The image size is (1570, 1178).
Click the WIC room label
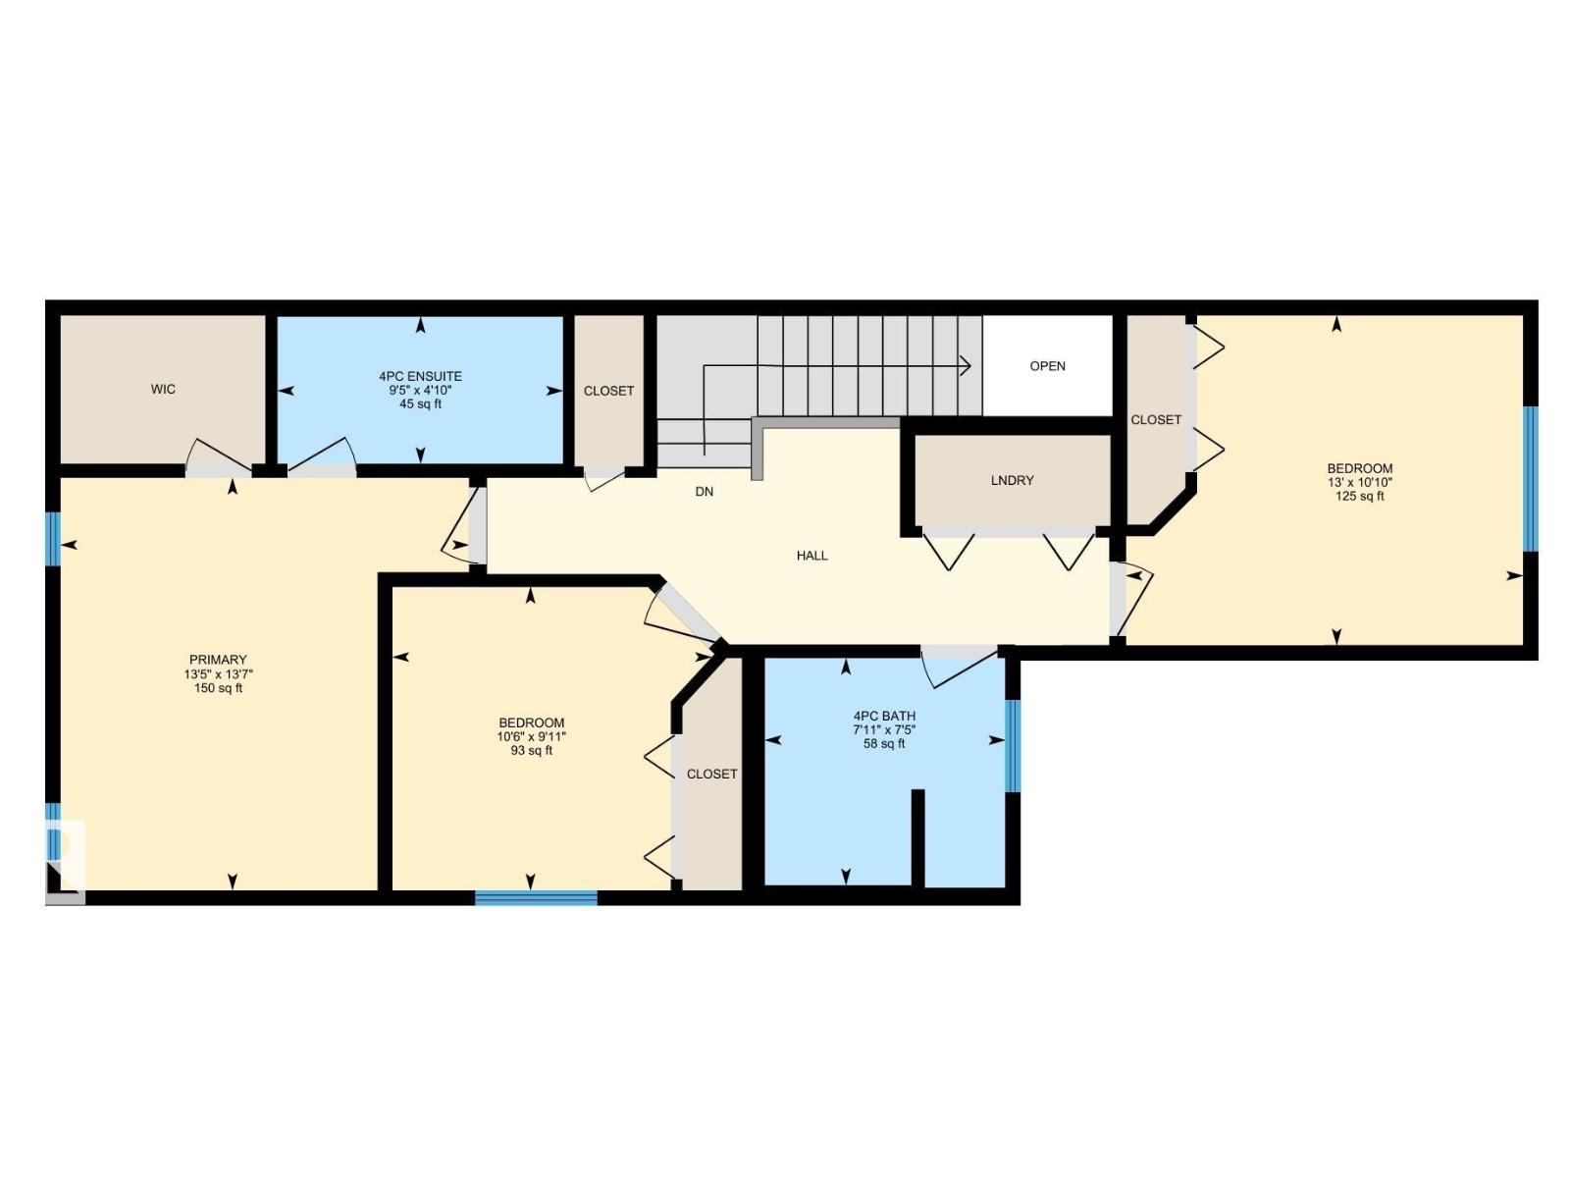coord(163,390)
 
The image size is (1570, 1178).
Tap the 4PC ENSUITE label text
coord(420,376)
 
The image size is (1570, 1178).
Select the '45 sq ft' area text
coord(420,403)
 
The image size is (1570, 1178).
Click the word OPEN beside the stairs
coord(1047,366)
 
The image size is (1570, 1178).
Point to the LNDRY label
coord(1012,480)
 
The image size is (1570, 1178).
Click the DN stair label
coord(704,492)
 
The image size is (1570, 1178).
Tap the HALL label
coord(811,556)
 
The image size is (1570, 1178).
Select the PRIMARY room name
coord(218,660)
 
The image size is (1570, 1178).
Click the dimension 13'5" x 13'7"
coord(218,674)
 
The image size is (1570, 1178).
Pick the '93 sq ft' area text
coord(531,751)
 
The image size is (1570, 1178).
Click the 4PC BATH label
coord(884,716)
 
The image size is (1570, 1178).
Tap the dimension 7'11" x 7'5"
coord(884,730)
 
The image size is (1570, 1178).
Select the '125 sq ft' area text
coord(1359,496)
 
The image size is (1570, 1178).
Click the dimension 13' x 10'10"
coord(1359,482)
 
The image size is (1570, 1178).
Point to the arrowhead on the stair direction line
coord(966,366)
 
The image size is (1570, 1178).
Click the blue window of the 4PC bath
coord(1013,745)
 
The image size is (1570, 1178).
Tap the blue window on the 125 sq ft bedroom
coord(1529,479)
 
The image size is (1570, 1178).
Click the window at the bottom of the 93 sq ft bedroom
coord(536,897)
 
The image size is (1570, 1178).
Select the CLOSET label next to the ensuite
coord(608,391)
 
